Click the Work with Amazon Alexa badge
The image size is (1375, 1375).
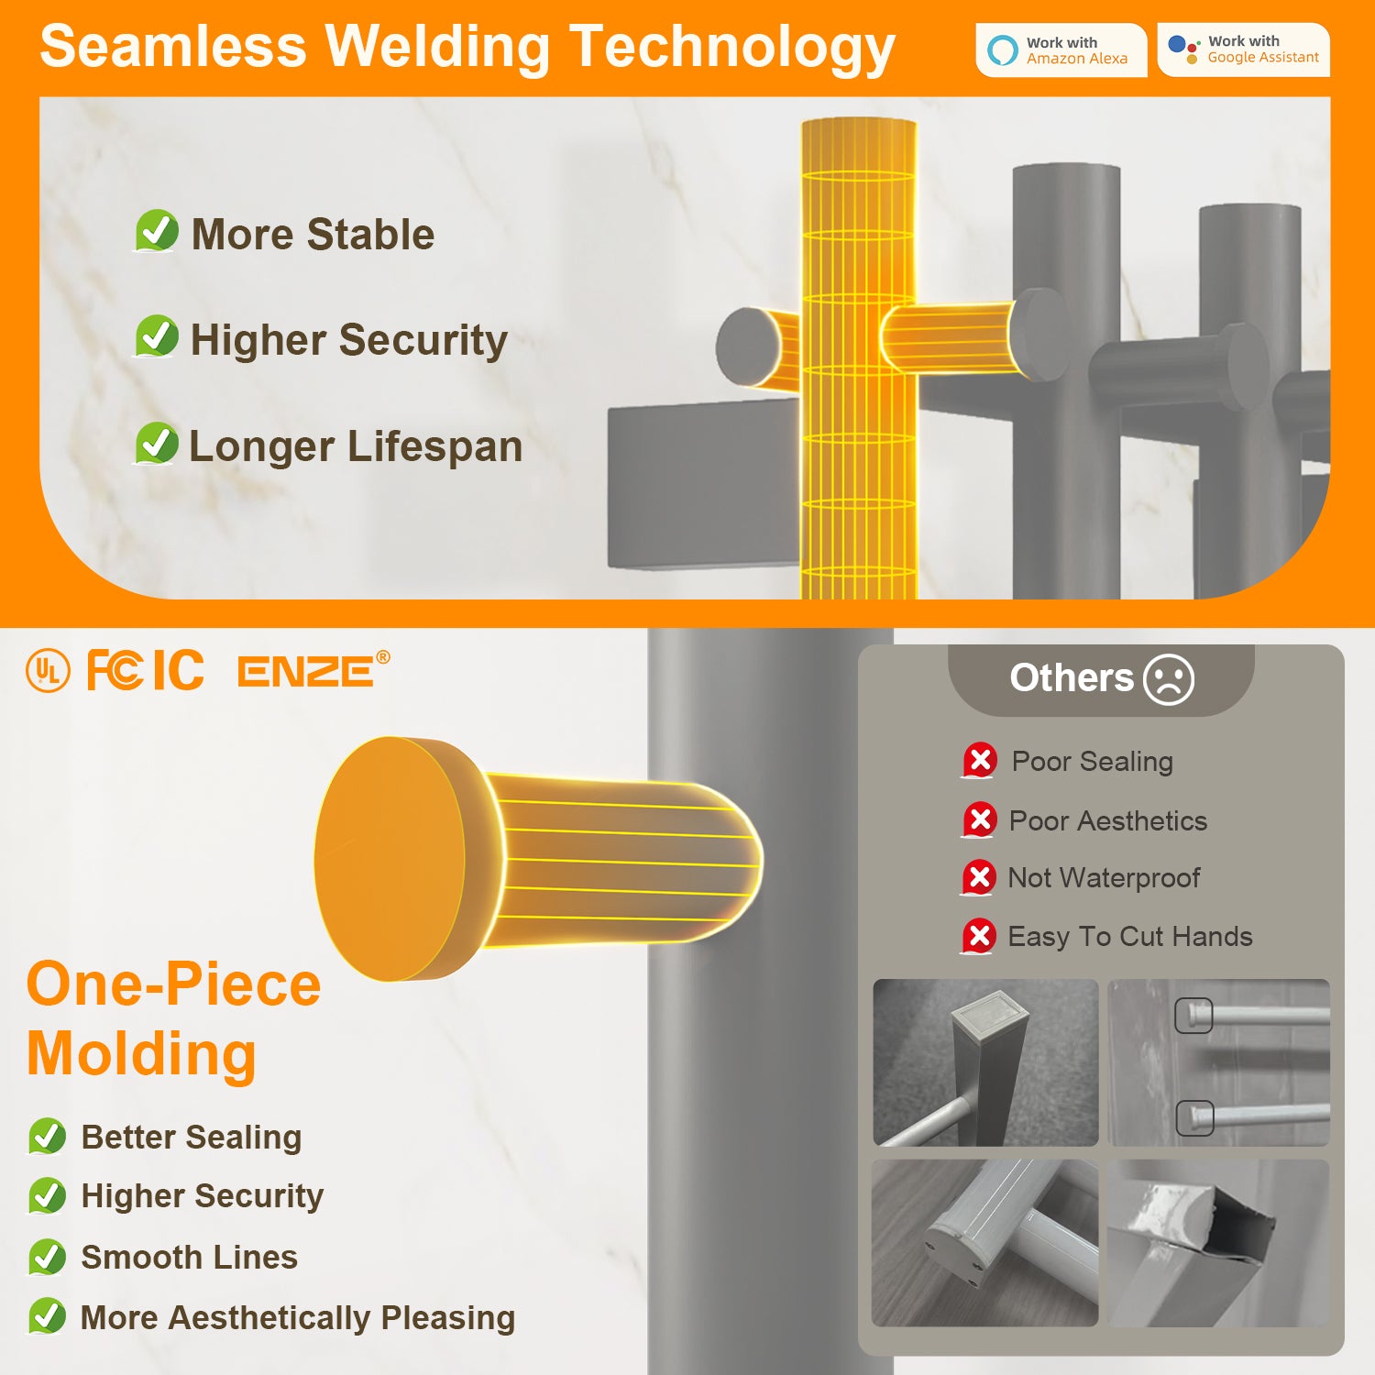[1061, 50]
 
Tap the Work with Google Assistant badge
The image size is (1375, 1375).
[1243, 49]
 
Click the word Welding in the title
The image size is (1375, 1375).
[439, 48]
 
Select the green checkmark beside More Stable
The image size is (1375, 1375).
[157, 231]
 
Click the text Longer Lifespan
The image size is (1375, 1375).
[356, 447]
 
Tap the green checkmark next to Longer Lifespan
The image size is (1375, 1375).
[157, 444]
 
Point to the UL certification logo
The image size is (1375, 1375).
[48, 671]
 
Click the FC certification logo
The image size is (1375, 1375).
[115, 670]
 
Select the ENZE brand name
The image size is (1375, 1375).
[306, 671]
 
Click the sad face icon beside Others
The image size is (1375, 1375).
[1169, 679]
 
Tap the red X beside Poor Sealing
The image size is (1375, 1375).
[979, 761]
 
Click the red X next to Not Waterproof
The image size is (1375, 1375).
[978, 878]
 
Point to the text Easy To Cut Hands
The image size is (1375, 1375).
[1130, 937]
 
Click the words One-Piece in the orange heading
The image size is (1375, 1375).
[174, 984]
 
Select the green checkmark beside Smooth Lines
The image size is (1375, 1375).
[47, 1257]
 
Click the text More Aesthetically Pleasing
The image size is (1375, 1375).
[298, 1318]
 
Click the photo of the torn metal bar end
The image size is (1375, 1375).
[1218, 1243]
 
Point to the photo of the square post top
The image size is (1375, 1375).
[985, 1062]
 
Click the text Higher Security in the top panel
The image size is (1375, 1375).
[348, 340]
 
